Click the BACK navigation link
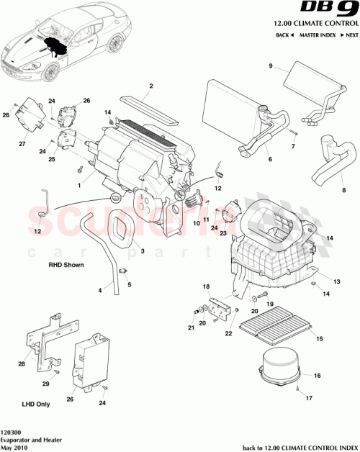pyautogui.click(x=284, y=35)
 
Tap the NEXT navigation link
pyautogui.click(x=349, y=35)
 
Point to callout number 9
pyautogui.click(x=271, y=67)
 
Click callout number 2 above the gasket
pyautogui.click(x=151, y=87)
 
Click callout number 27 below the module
pyautogui.click(x=21, y=144)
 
